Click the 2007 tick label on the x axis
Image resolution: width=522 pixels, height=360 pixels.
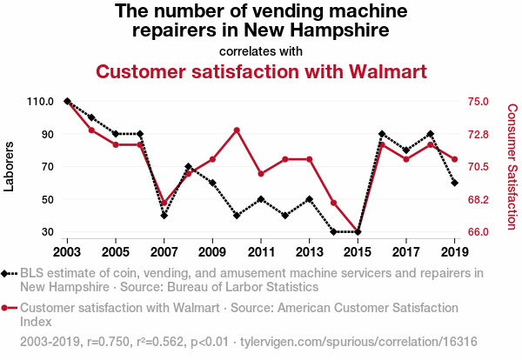pyautogui.click(x=164, y=252)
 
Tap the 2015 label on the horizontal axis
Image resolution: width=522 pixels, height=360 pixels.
pyautogui.click(x=358, y=252)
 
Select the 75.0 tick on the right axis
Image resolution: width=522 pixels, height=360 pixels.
pyautogui.click(x=479, y=102)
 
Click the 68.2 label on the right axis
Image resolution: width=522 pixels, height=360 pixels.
pyautogui.click(x=479, y=199)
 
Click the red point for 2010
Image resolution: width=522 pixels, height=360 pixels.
pyautogui.click(x=237, y=130)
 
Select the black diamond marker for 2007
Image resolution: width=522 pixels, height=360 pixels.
pyautogui.click(x=164, y=216)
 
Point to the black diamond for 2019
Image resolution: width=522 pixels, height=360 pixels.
pyautogui.click(x=455, y=183)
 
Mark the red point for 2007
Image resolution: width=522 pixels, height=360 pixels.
pyautogui.click(x=164, y=203)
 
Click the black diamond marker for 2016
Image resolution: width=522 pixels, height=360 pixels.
pyautogui.click(x=382, y=134)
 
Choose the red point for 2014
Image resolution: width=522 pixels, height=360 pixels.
pyautogui.click(x=334, y=203)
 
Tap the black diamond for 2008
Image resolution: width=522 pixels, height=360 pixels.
pyautogui.click(x=189, y=166)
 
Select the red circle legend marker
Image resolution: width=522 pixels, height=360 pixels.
pyautogui.click(x=8, y=308)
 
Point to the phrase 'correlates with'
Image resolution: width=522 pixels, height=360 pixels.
pyautogui.click(x=261, y=50)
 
